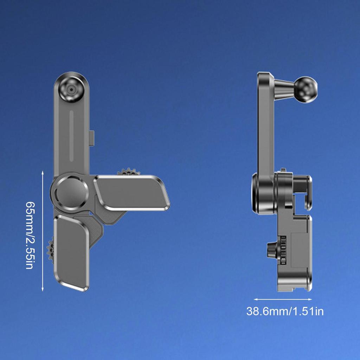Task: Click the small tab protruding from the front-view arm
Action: (x=92, y=137)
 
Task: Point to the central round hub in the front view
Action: (x=71, y=192)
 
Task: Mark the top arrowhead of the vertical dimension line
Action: (x=43, y=172)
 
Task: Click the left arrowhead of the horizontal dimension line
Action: (x=255, y=300)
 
